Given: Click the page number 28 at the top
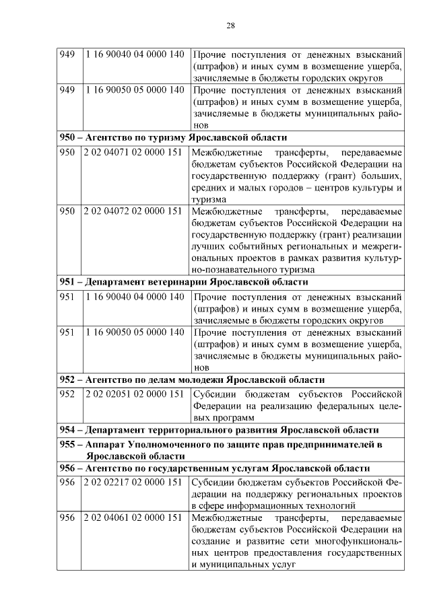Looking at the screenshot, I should (x=230, y=26).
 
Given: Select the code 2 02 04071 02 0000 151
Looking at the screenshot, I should (x=133, y=153).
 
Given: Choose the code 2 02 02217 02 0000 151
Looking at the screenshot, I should (x=133, y=482).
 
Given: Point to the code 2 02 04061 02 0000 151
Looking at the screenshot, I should (x=133, y=518).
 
